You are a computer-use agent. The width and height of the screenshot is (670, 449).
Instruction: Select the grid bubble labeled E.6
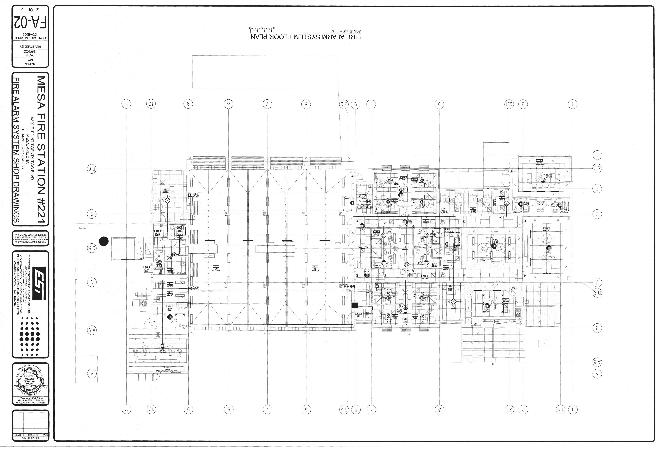click(92, 169)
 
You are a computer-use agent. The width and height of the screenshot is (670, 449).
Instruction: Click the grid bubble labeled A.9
click(92, 330)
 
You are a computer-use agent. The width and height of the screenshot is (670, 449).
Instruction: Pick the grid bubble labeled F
click(597, 155)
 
